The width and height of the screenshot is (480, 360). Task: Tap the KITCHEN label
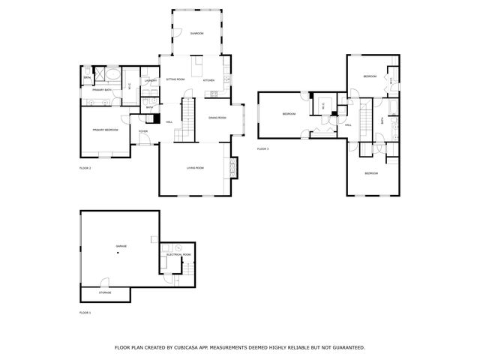[208, 80]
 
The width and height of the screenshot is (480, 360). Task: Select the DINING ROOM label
[217, 118]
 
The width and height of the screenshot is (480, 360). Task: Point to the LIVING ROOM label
[195, 168]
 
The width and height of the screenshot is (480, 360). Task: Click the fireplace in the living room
[232, 166]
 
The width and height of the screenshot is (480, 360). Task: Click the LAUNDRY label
[150, 80]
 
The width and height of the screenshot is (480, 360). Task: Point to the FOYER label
[142, 131]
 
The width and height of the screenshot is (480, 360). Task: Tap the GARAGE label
[121, 246]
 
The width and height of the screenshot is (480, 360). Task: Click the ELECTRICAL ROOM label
[179, 255]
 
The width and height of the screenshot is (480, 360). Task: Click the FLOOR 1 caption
[85, 312]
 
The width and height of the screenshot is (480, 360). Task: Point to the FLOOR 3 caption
[262, 149]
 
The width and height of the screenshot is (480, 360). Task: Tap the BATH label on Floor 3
[382, 120]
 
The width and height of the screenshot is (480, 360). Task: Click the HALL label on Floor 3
[349, 125]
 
